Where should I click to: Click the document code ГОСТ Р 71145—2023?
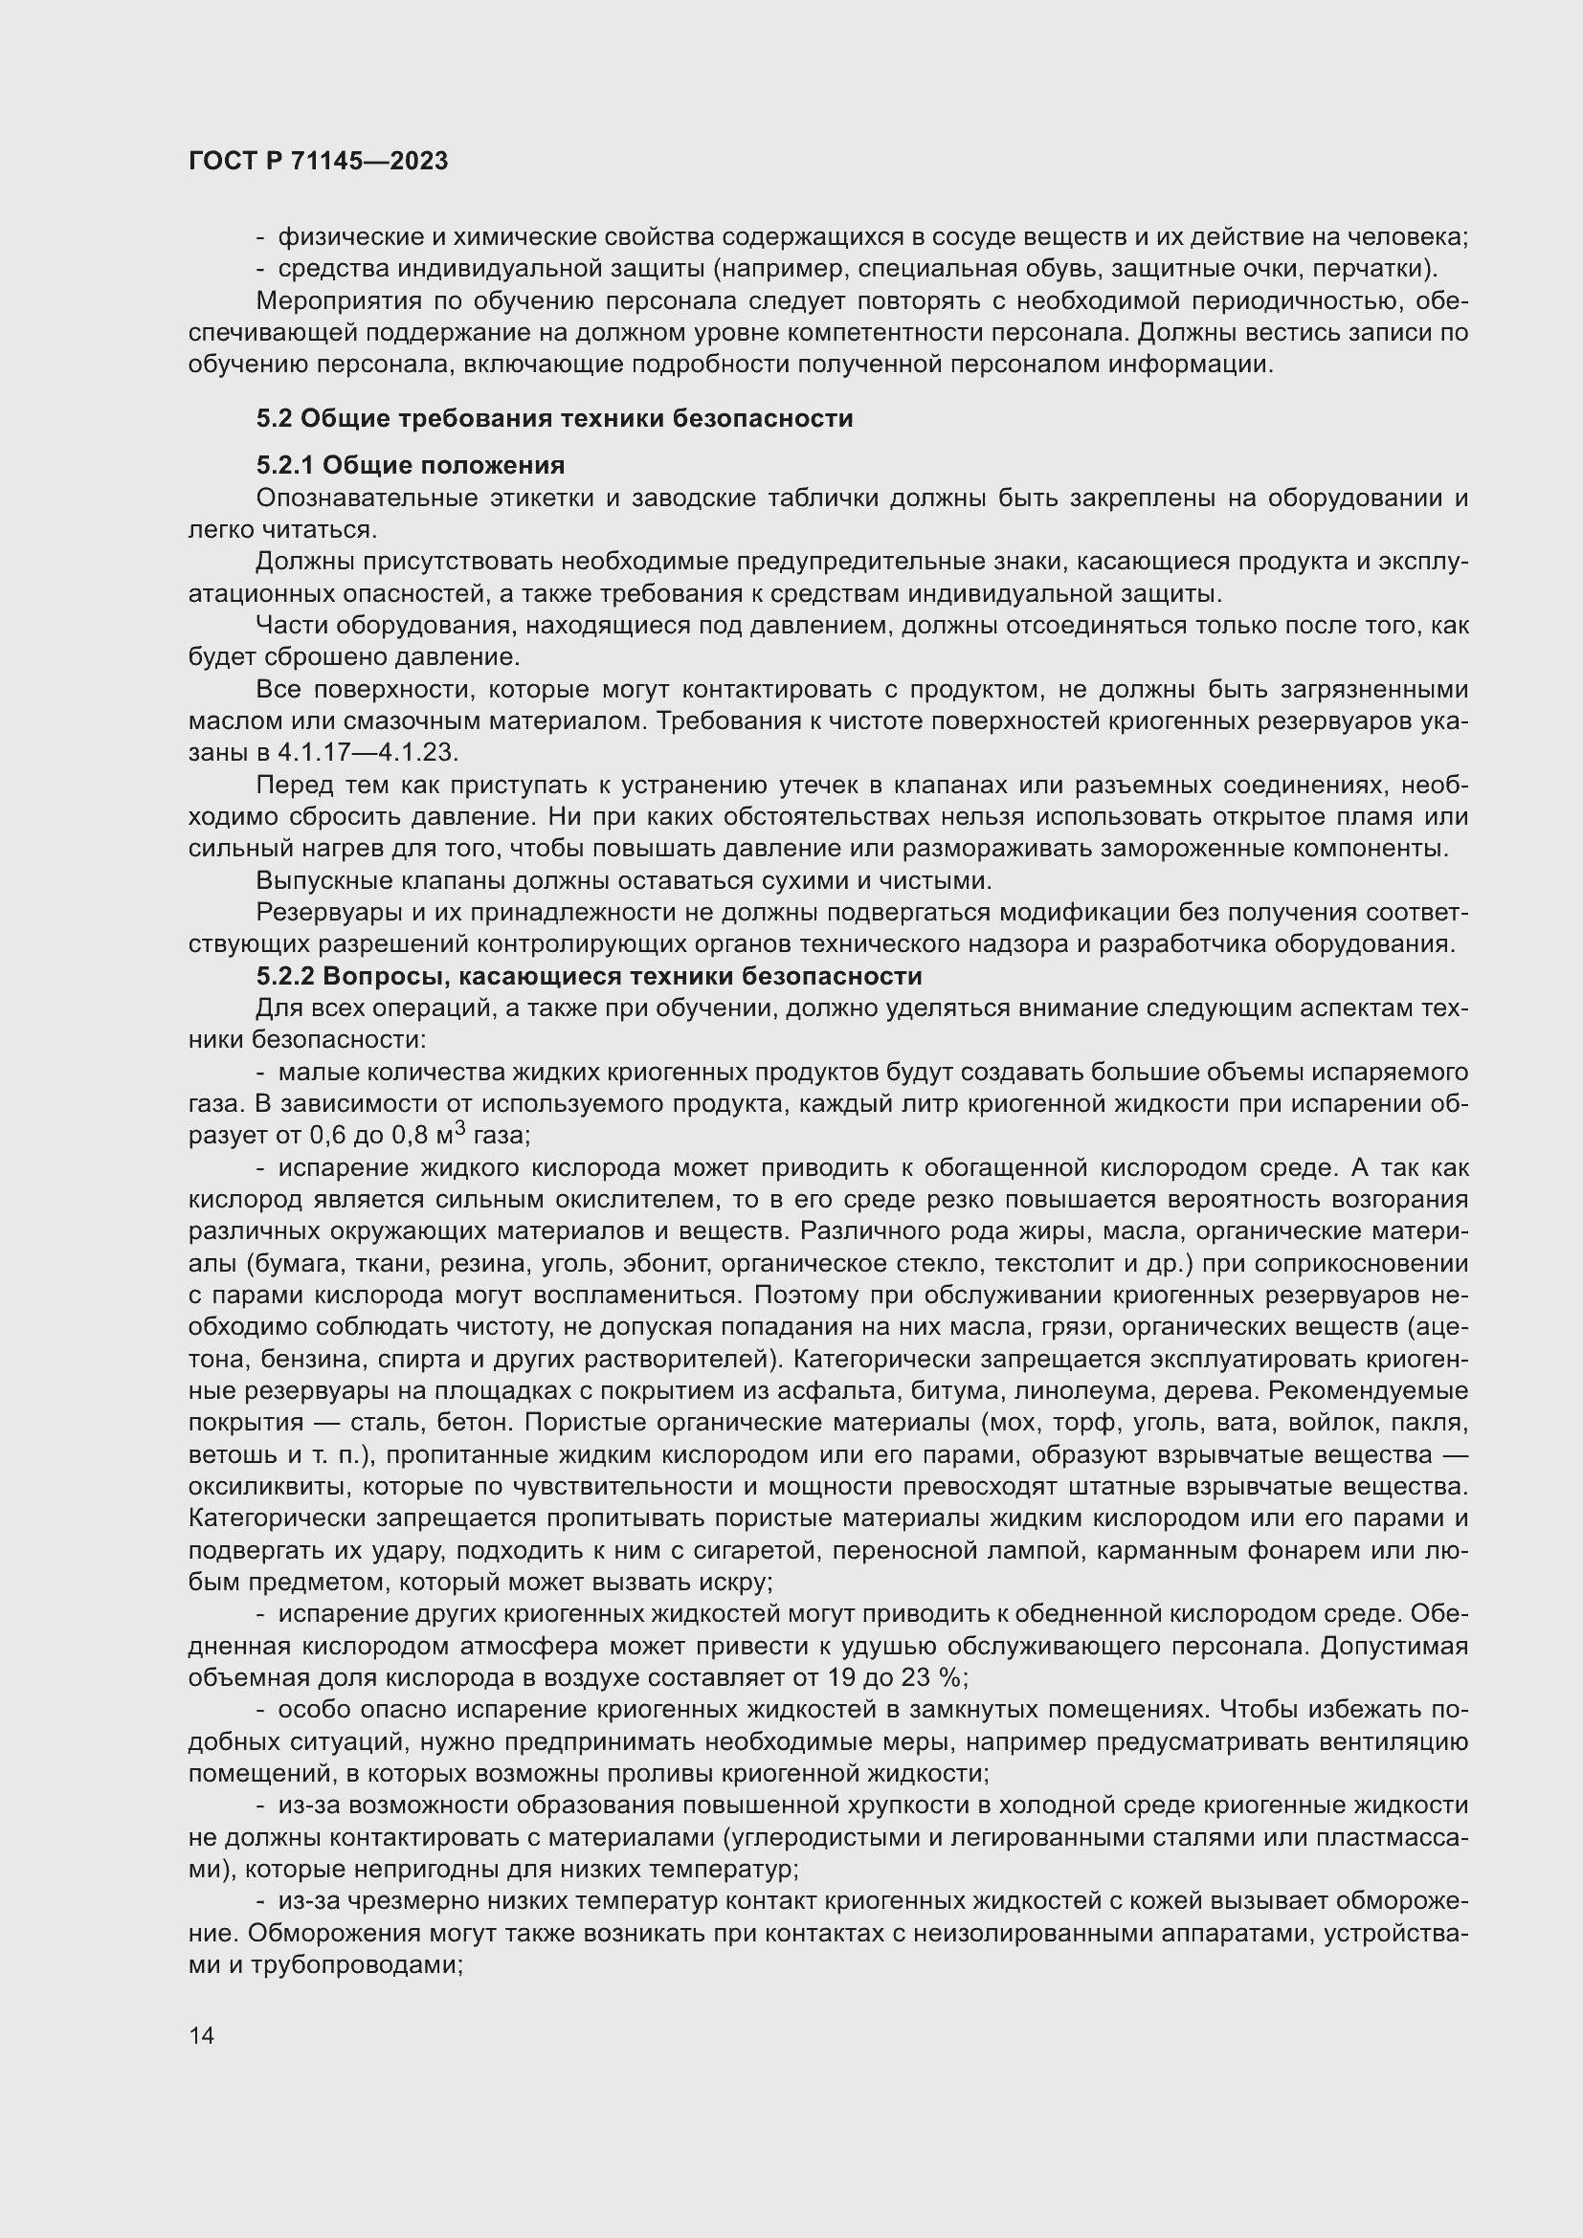[318, 161]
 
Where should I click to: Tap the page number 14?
[202, 2035]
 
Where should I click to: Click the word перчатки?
[1375, 269]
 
